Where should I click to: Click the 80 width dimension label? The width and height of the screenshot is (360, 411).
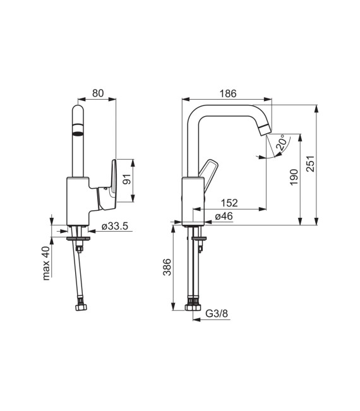tap(97, 93)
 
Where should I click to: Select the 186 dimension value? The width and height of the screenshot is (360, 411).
tap(227, 93)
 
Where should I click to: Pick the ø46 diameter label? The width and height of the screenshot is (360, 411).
tap(224, 216)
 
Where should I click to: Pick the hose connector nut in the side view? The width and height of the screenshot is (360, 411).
tap(193, 308)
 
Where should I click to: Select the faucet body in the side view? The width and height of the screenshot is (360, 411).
tap(192, 199)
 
